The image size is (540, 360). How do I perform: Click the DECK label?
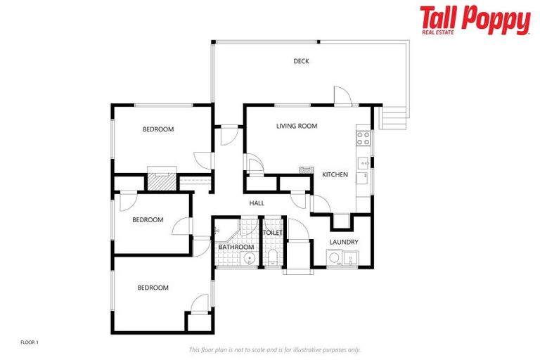tap(301, 61)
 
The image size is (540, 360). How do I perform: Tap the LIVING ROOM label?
tap(296, 127)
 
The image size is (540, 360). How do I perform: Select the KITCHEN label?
tap(335, 174)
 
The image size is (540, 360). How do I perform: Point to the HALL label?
tap(257, 203)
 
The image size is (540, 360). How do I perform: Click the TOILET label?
tap(272, 233)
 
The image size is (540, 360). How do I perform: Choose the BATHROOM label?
tap(236, 247)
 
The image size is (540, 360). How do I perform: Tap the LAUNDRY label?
tap(343, 243)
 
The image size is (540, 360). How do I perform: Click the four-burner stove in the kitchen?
tap(364, 138)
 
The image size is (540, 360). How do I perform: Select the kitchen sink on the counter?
tap(364, 164)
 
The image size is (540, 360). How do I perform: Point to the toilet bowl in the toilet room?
tap(272, 257)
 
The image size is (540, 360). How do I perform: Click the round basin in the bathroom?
tap(248, 259)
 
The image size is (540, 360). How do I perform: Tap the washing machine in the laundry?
tap(335, 259)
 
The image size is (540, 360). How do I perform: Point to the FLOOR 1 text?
tap(29, 342)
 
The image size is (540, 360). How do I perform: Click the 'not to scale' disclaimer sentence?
tap(274, 349)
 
